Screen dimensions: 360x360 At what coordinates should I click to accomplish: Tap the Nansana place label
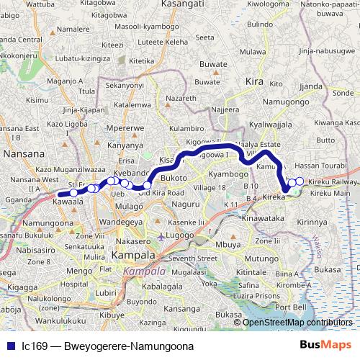coord(24,153)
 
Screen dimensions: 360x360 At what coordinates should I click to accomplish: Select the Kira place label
coord(254,82)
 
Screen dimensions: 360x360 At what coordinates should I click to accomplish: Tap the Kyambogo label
coord(227,175)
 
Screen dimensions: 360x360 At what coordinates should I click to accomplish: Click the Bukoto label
coord(174,176)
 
